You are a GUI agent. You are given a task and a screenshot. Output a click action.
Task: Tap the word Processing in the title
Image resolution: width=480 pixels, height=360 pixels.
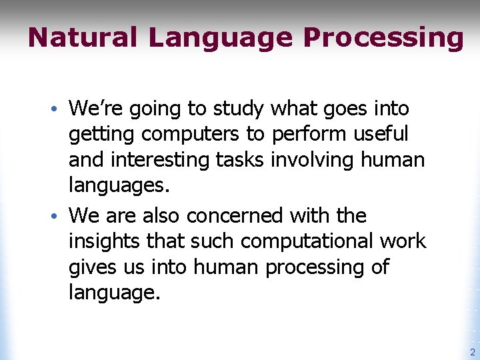pyautogui.click(x=383, y=37)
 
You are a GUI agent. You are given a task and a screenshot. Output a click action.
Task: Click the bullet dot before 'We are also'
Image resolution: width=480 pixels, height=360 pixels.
pyautogui.click(x=59, y=216)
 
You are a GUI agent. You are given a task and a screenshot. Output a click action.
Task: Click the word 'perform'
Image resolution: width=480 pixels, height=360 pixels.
pyautogui.click(x=303, y=134)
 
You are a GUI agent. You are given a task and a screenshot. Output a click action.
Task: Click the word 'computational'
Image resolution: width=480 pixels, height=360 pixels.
pyautogui.click(x=303, y=241)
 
